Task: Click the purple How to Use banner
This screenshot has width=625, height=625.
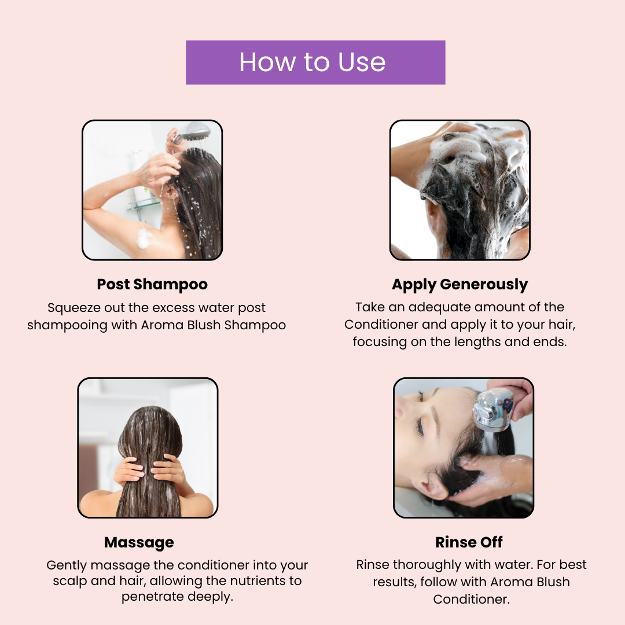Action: point(315,62)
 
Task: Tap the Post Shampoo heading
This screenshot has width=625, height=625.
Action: point(152,285)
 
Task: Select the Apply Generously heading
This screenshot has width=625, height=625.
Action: point(459,285)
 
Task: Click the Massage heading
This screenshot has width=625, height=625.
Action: point(139,542)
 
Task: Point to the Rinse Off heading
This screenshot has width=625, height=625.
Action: point(469,542)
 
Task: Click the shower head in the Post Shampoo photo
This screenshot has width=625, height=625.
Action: point(193,131)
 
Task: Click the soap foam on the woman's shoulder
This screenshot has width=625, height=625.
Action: point(144,238)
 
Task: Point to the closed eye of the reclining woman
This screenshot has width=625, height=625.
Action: point(420,427)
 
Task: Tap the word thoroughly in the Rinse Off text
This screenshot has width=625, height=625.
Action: point(427,565)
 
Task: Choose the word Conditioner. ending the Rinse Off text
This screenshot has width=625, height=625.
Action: point(472,600)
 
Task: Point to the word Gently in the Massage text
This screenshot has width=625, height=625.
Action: point(67,565)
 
